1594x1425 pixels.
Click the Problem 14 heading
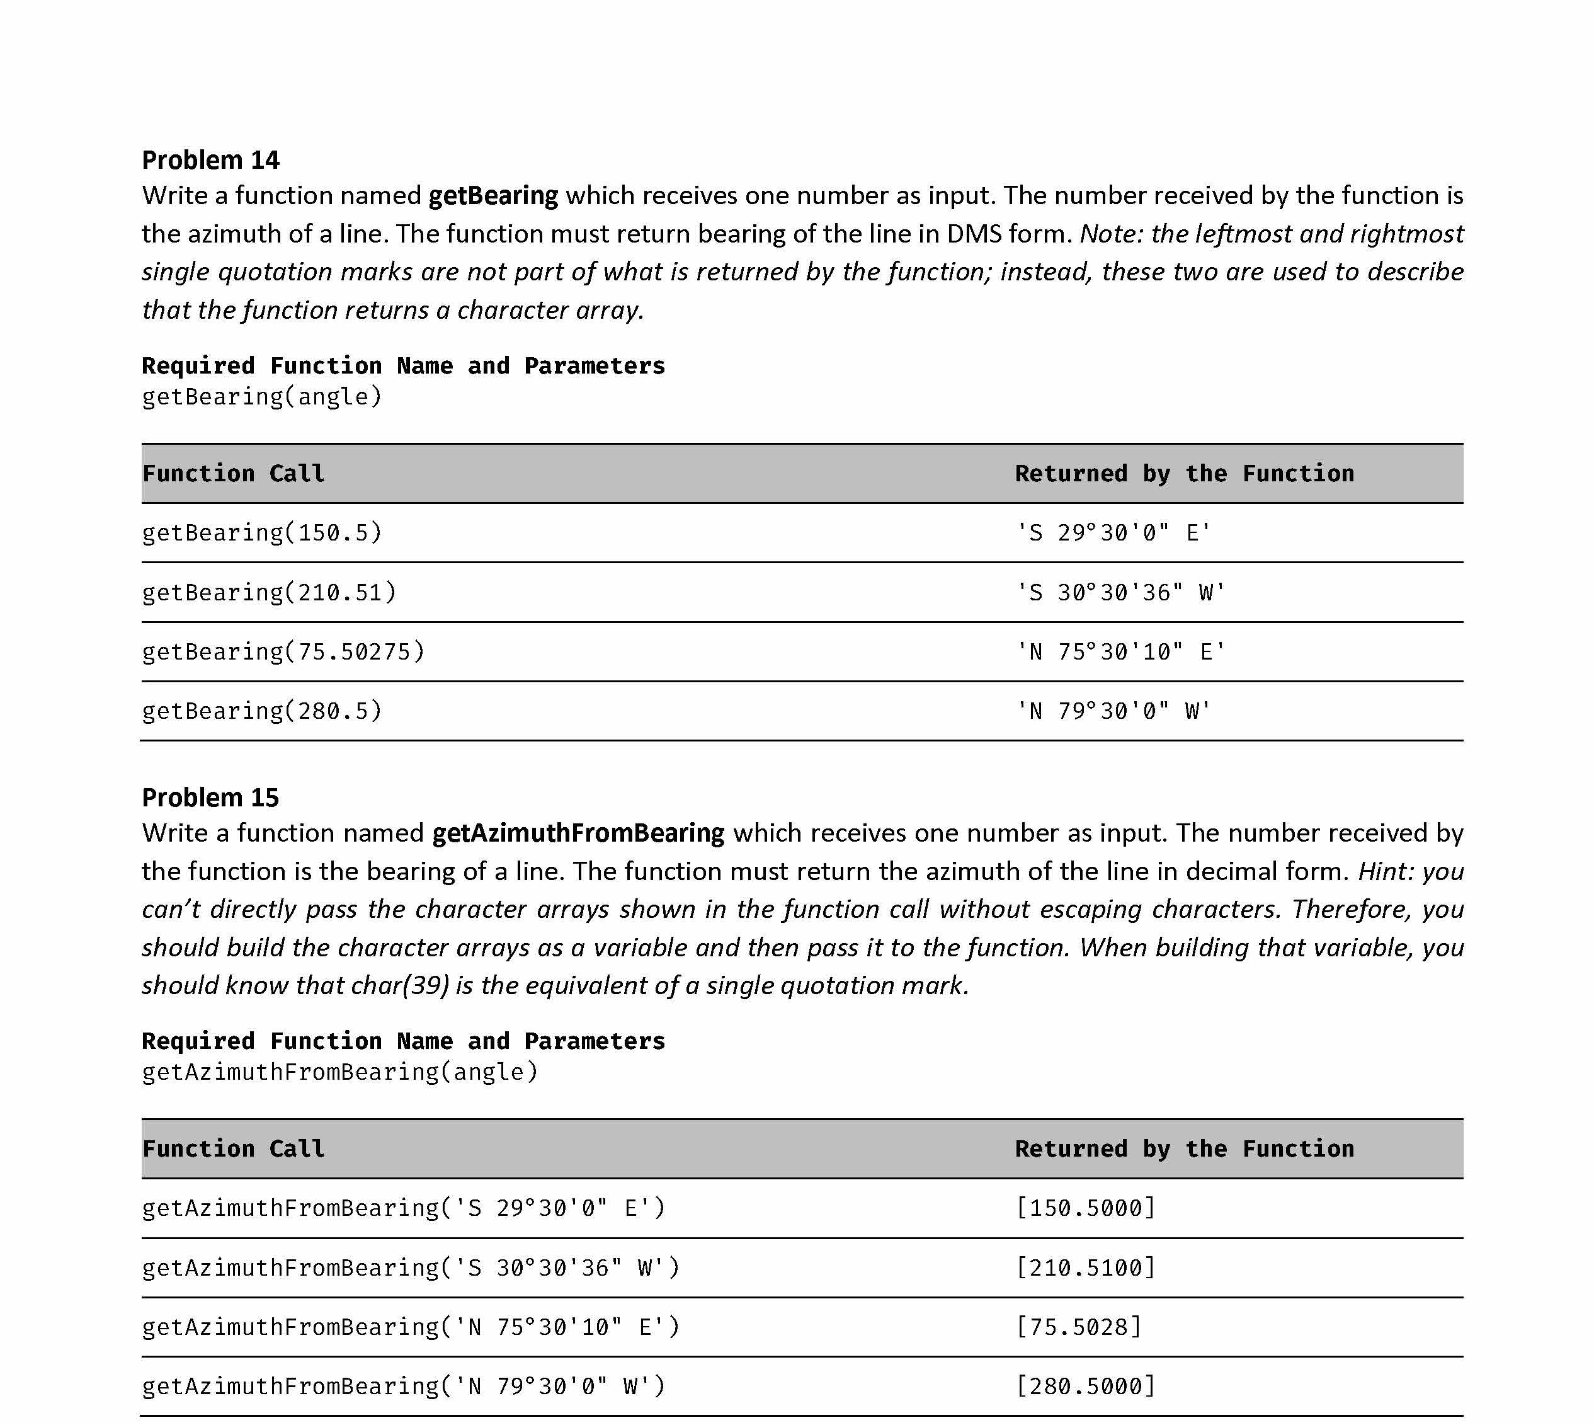pyautogui.click(x=210, y=160)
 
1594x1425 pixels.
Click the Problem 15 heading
pyautogui.click(x=210, y=797)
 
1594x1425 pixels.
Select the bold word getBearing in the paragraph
pyautogui.click(x=493, y=195)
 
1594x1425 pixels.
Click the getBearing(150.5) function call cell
pyautogui.click(x=261, y=532)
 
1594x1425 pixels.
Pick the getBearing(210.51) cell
pyautogui.click(x=268, y=592)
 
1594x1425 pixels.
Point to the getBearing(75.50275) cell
pyautogui.click(x=283, y=651)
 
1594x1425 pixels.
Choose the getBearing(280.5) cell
pyautogui.click(x=261, y=711)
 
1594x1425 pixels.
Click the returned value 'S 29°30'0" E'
pyautogui.click(x=1112, y=532)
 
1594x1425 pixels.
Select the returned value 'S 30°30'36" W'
pyautogui.click(x=1120, y=592)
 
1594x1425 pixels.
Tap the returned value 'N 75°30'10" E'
pyautogui.click(x=1120, y=651)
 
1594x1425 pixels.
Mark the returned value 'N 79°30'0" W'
pyautogui.click(x=1112, y=711)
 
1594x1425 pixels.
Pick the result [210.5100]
pyautogui.click(x=1085, y=1267)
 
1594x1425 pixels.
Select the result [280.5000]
pyautogui.click(x=1085, y=1386)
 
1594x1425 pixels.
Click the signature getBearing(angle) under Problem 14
pyautogui.click(x=261, y=396)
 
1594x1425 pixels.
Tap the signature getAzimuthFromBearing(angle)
pyautogui.click(x=340, y=1071)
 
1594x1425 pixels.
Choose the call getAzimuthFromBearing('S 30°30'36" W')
pyautogui.click(x=410, y=1267)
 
